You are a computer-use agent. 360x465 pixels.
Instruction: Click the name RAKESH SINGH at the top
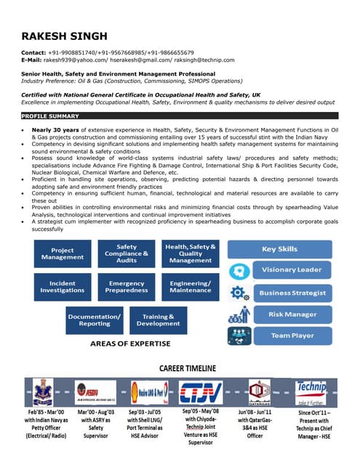click(64, 36)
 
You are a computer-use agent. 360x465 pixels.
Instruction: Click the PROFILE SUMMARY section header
click(50, 116)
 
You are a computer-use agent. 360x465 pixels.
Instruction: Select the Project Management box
click(63, 254)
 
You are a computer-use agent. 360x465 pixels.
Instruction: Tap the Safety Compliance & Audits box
click(127, 254)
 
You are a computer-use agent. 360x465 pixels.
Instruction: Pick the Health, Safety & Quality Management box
click(191, 254)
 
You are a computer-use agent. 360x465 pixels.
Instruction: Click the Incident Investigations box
click(63, 286)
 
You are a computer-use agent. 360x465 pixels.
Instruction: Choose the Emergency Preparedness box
click(127, 286)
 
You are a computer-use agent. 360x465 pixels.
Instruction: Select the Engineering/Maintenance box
click(191, 286)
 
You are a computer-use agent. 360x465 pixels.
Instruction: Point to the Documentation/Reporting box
click(95, 320)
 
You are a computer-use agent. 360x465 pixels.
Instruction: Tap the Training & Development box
click(158, 320)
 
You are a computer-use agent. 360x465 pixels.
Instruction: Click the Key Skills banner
click(279, 249)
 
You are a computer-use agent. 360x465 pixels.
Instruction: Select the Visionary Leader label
click(291, 270)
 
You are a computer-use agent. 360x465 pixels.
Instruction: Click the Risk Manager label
click(291, 315)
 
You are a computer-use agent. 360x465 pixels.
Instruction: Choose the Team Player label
click(291, 336)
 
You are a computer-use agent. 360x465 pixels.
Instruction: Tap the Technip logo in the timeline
click(311, 391)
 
